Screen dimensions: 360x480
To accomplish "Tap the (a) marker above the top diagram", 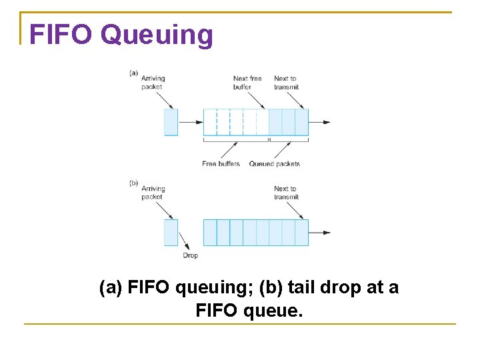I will point(133,73).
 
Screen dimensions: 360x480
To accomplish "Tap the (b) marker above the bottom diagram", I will point(133,183).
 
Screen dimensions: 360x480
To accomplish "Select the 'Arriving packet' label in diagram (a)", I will point(153,83).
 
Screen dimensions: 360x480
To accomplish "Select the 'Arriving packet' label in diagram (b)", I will point(153,193).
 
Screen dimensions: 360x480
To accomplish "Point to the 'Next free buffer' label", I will point(247,83).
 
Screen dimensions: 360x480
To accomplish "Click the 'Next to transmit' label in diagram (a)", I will point(286,83).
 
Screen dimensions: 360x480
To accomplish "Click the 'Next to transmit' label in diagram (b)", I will point(286,193).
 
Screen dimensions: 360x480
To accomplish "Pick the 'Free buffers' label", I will point(221,164).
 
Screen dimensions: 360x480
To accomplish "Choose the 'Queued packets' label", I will point(275,164).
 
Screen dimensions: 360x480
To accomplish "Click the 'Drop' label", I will point(191,255).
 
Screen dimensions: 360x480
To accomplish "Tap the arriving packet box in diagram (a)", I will point(171,122).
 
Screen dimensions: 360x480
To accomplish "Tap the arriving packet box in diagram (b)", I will point(171,232).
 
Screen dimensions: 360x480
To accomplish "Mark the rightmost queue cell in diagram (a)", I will point(301,122).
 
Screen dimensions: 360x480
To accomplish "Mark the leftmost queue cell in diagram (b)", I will point(210,232).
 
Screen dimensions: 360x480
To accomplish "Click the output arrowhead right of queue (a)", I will point(326,122).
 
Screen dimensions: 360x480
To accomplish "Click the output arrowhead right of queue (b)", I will point(326,232).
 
